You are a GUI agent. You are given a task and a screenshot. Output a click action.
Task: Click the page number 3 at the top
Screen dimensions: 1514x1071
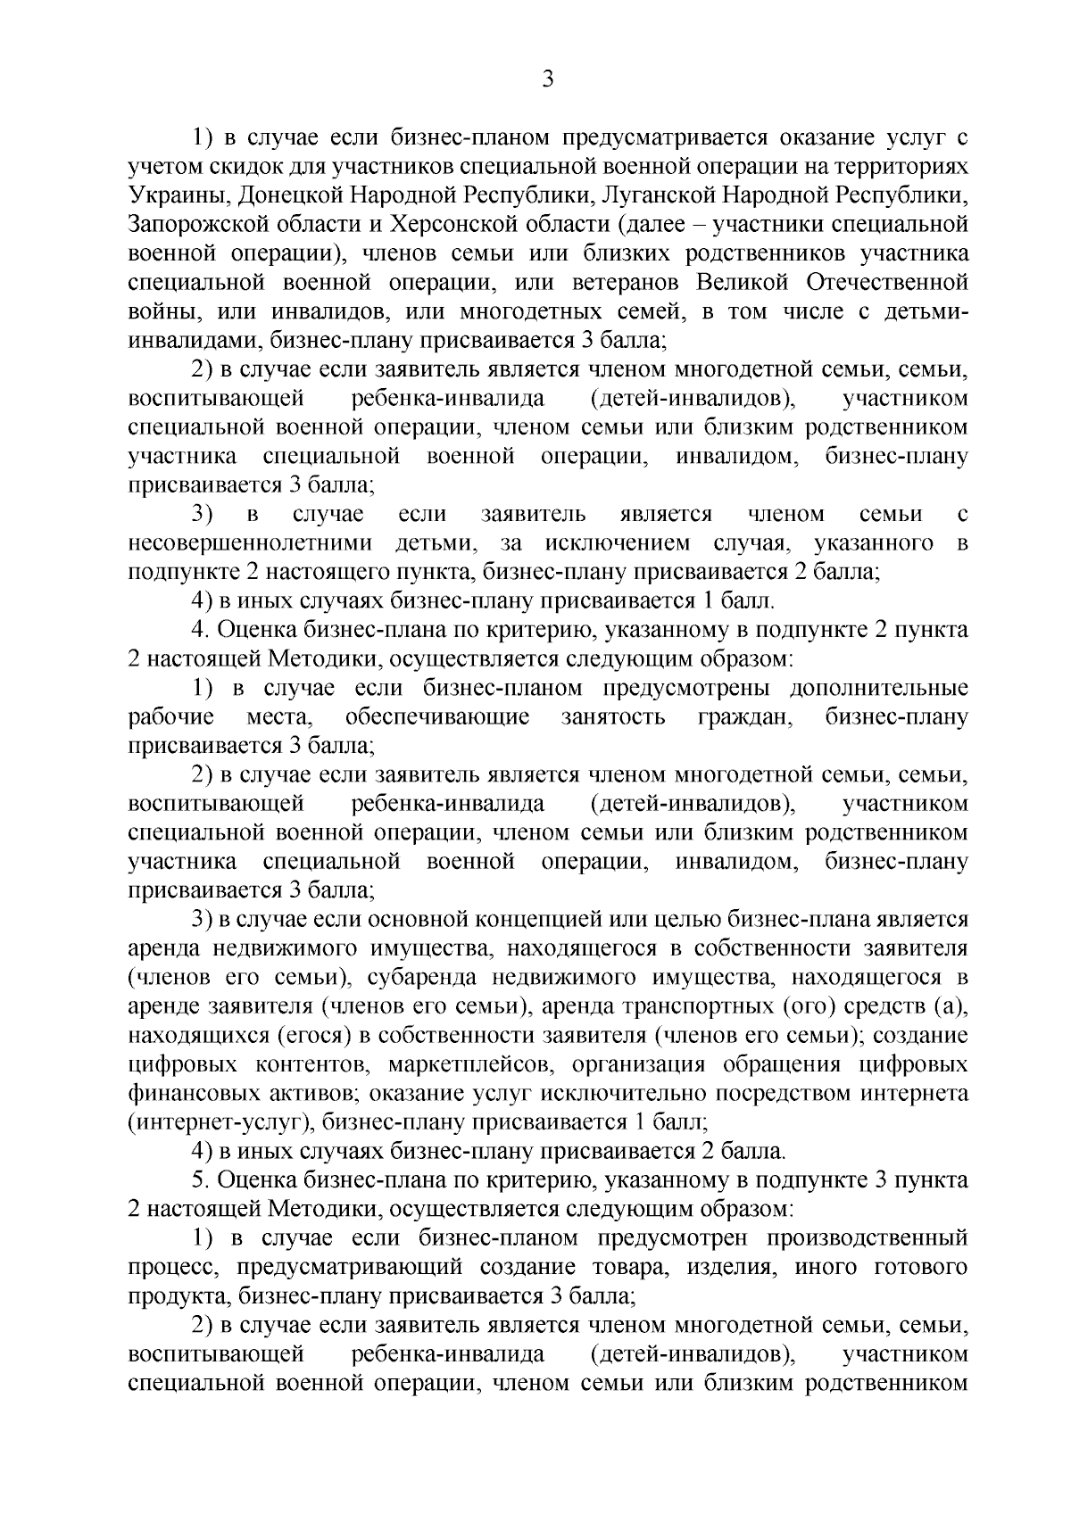click(548, 79)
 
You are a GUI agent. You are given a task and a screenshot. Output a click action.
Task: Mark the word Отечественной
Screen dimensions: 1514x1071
click(888, 282)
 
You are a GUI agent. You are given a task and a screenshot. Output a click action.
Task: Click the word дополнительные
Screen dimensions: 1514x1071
click(879, 688)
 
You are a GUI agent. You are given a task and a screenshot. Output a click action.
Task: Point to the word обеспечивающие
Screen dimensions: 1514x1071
click(437, 717)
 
